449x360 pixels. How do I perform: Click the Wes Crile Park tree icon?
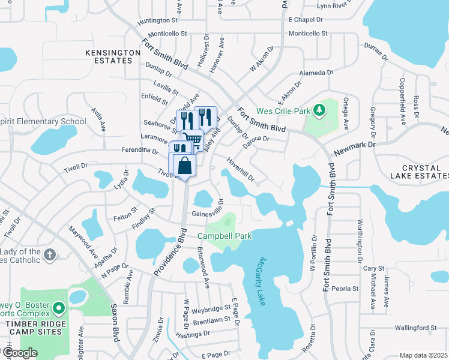(320, 110)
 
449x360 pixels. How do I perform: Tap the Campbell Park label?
(225, 236)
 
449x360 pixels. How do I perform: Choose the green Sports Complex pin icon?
(58, 308)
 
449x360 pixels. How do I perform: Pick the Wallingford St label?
(415, 328)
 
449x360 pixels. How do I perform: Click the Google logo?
(20, 352)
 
